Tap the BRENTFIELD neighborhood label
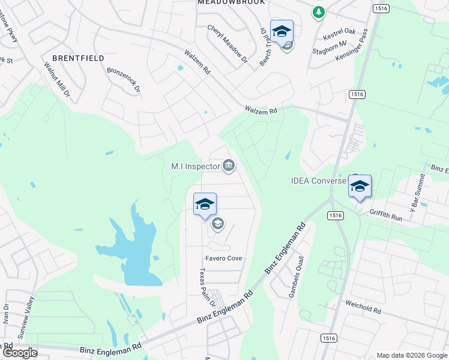pos(78,58)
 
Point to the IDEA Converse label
pos(318,180)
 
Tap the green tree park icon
pos(318,12)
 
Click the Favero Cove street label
pos(224,258)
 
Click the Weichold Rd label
pos(363,308)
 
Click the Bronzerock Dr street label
pos(123,80)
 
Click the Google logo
pos(20,353)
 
